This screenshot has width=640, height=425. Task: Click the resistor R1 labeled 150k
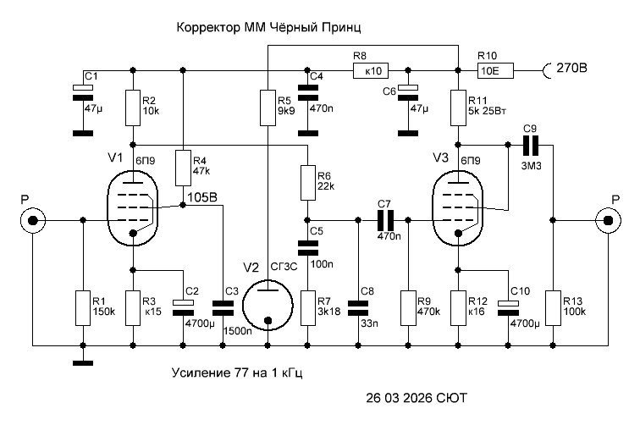pyautogui.click(x=83, y=307)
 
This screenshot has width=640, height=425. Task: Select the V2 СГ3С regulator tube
pyautogui.click(x=267, y=303)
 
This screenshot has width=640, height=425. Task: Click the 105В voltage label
pyautogui.click(x=201, y=198)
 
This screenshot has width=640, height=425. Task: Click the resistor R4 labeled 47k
pyautogui.click(x=182, y=168)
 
